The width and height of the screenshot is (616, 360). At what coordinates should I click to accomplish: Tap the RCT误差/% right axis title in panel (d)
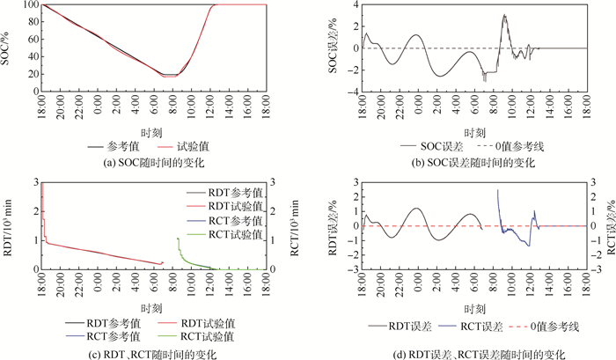[607, 226]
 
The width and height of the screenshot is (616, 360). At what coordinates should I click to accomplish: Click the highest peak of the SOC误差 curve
[504, 15]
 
